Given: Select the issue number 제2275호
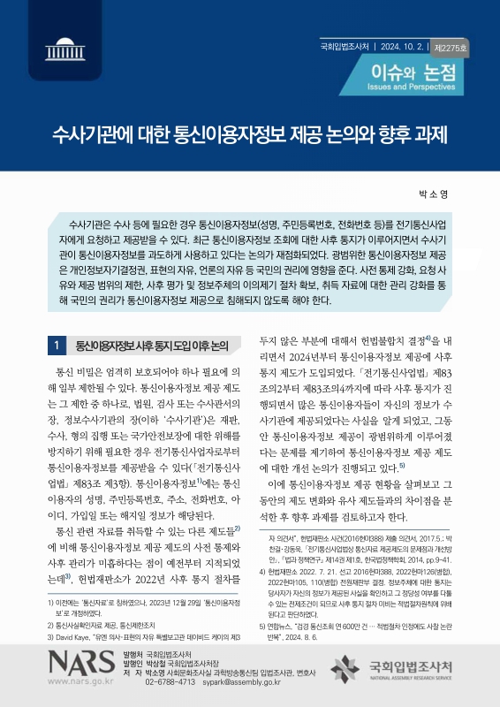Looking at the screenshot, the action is click(x=451, y=46).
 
